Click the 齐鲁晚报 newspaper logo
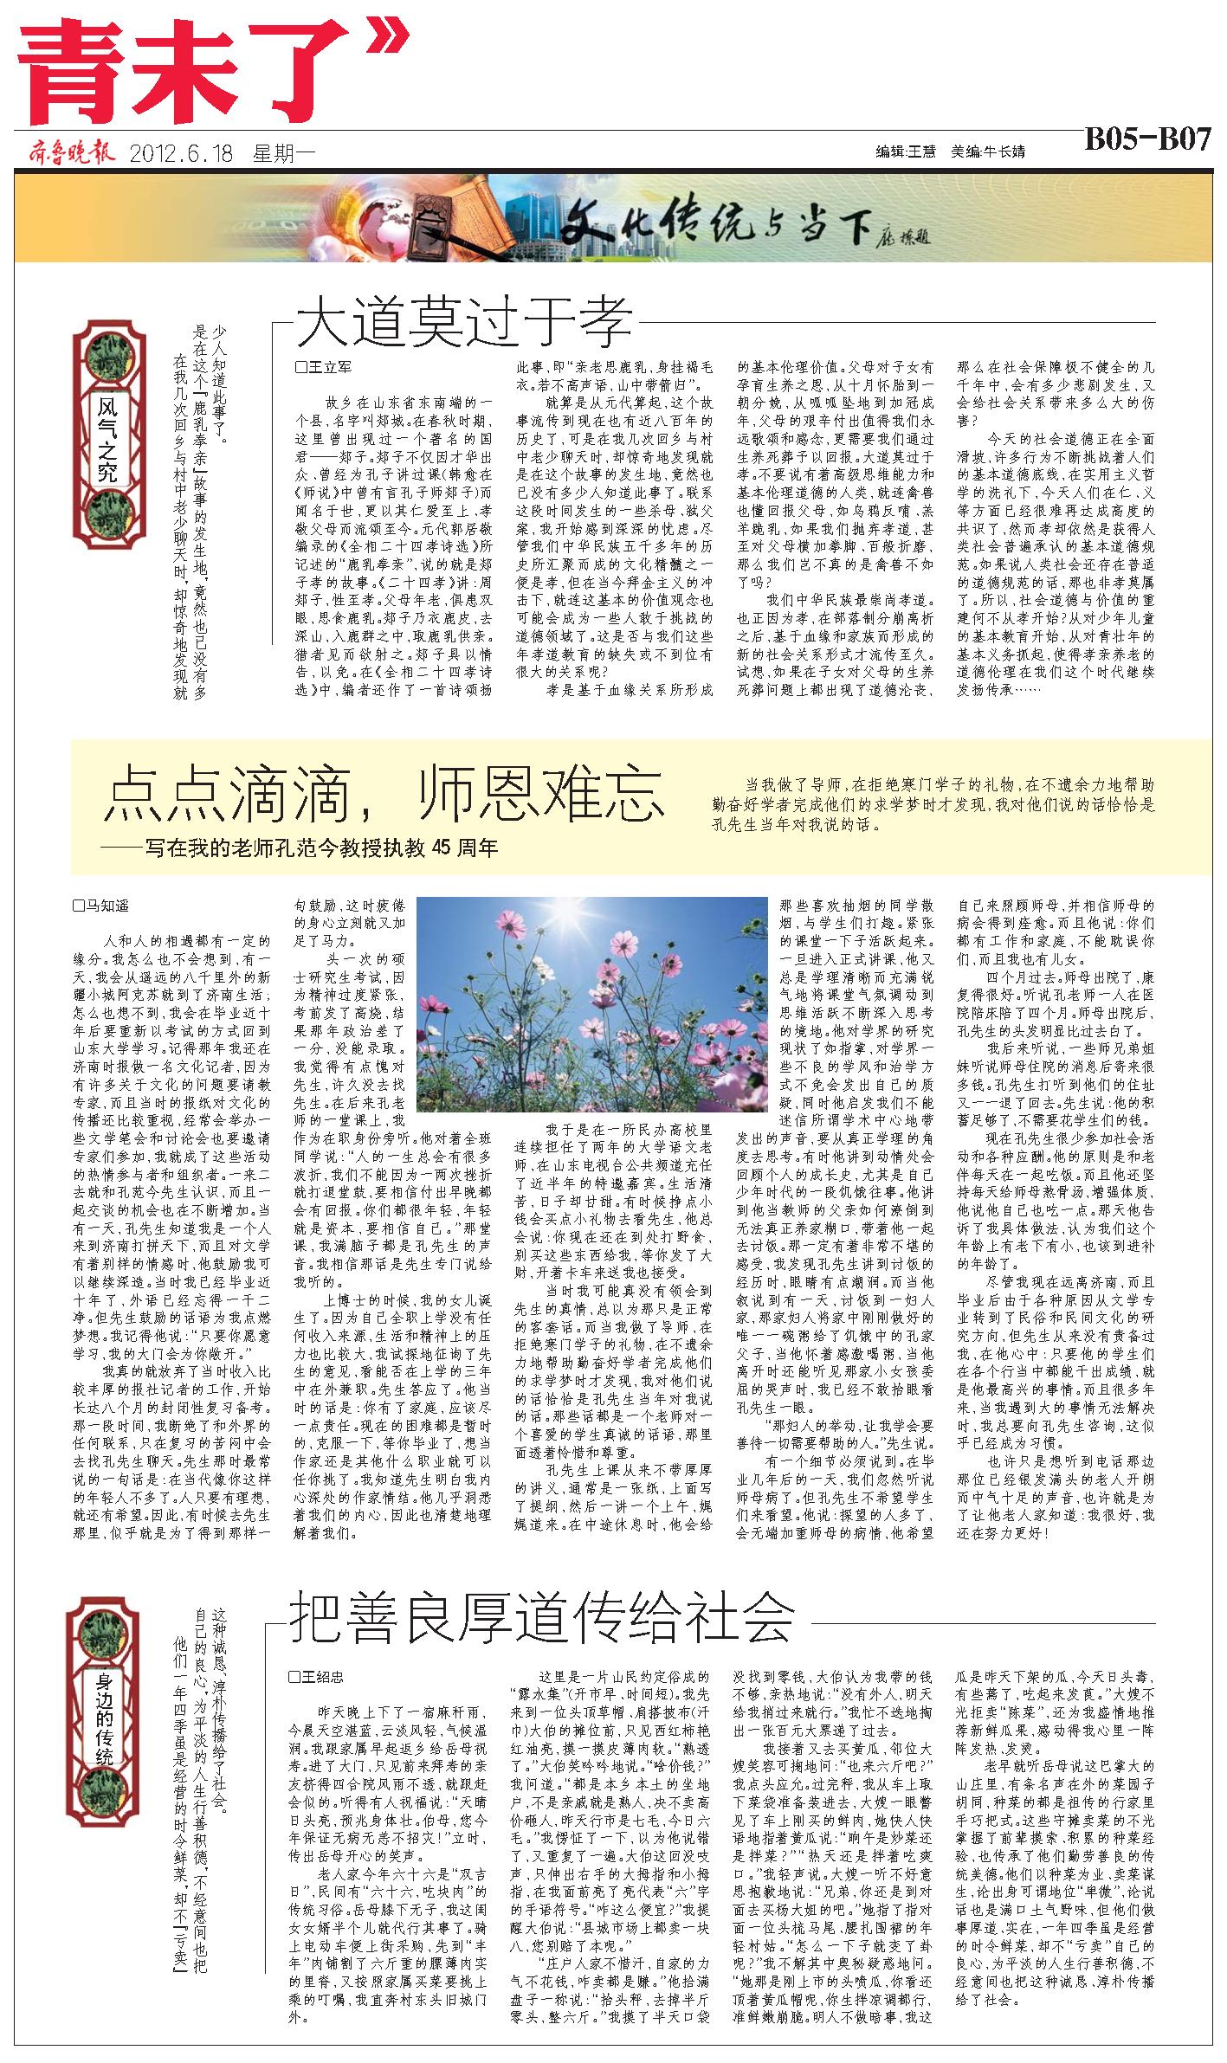pyautogui.click(x=70, y=153)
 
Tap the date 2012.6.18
pyautogui.click(x=182, y=153)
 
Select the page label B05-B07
pyautogui.click(x=1146, y=140)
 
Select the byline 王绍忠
pyautogui.click(x=316, y=1676)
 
